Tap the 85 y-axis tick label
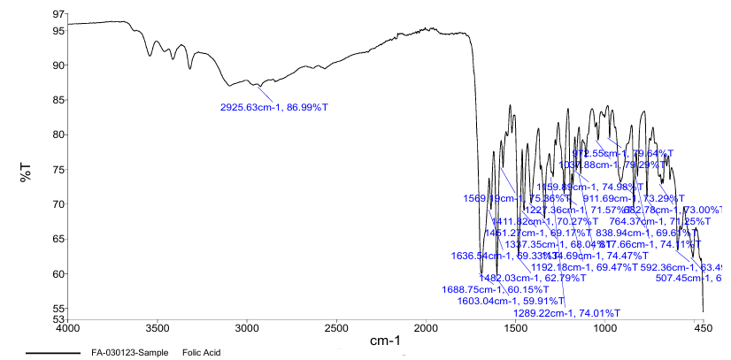click(x=59, y=100)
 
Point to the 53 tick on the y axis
click(x=59, y=318)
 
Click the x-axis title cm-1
click(x=385, y=341)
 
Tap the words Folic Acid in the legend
click(x=199, y=353)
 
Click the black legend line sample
click(x=53, y=353)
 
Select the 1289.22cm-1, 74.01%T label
click(x=567, y=313)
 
